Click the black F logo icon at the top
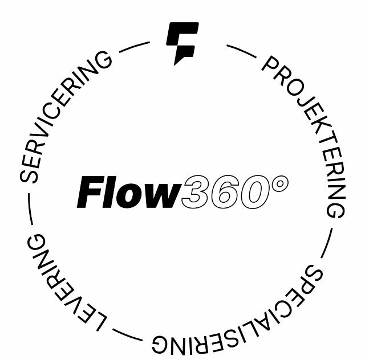tap(182, 42)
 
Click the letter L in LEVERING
tap(98, 322)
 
